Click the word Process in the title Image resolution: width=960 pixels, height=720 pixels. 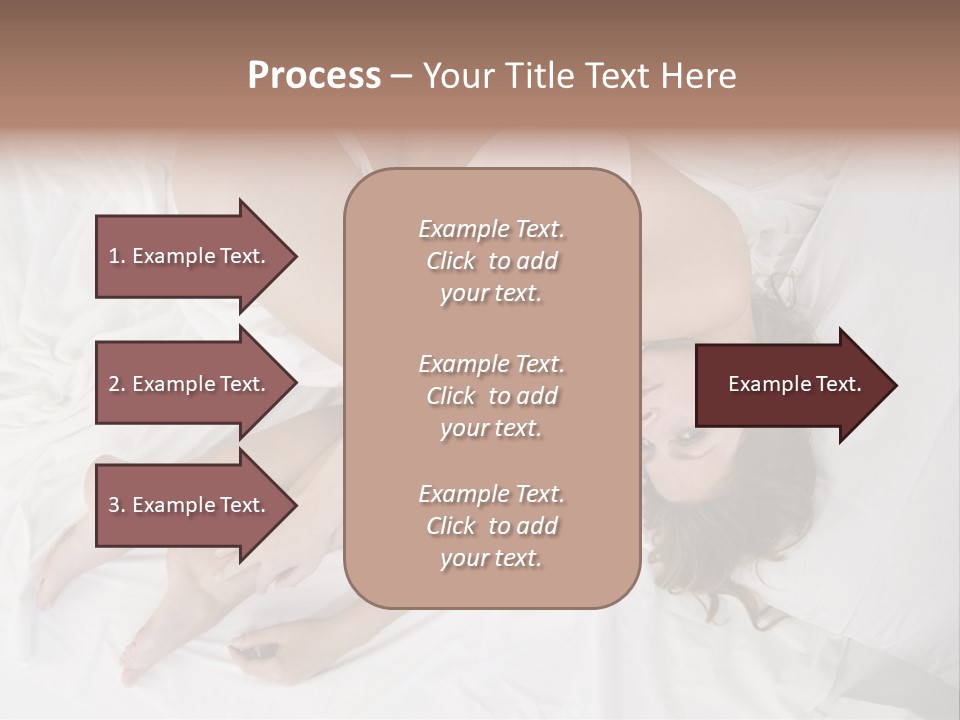click(x=314, y=76)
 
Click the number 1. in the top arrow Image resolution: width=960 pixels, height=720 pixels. click(x=117, y=256)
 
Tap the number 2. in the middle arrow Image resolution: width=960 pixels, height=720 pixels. click(x=117, y=384)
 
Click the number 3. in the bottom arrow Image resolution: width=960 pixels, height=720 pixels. click(x=117, y=505)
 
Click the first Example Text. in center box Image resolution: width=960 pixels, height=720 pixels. click(x=491, y=229)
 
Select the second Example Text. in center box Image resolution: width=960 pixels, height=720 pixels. click(x=491, y=363)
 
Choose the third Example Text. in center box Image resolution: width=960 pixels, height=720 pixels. click(x=491, y=494)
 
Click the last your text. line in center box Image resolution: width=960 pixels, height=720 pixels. click(x=491, y=558)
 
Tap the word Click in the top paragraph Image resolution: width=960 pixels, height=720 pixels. click(x=451, y=261)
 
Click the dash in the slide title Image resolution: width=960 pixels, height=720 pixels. click(x=401, y=76)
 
